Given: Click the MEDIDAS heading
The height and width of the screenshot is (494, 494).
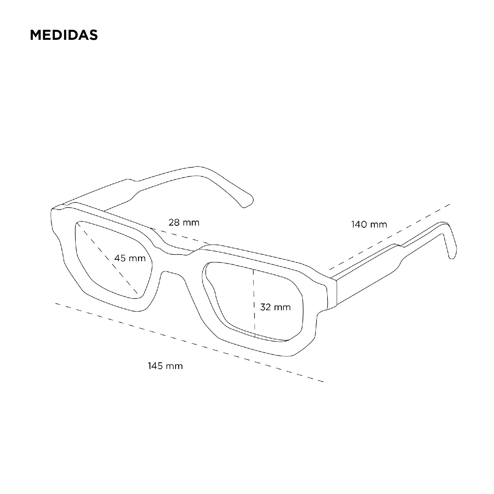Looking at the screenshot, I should [64, 35].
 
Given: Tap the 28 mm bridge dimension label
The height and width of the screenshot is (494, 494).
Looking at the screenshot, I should [184, 222].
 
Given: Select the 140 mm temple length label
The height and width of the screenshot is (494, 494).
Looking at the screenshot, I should [369, 224].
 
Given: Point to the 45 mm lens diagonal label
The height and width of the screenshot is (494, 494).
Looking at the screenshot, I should [130, 258].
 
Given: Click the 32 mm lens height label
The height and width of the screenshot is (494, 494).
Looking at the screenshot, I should [275, 307].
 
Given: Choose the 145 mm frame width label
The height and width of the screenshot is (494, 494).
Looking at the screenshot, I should [165, 366].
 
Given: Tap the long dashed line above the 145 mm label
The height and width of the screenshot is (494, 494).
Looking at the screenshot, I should [189, 342].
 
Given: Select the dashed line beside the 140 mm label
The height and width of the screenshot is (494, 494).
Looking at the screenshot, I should [390, 237].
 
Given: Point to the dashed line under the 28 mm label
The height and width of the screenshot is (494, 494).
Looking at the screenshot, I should [181, 236].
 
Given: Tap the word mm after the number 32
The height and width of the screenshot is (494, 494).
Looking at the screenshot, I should [283, 307].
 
